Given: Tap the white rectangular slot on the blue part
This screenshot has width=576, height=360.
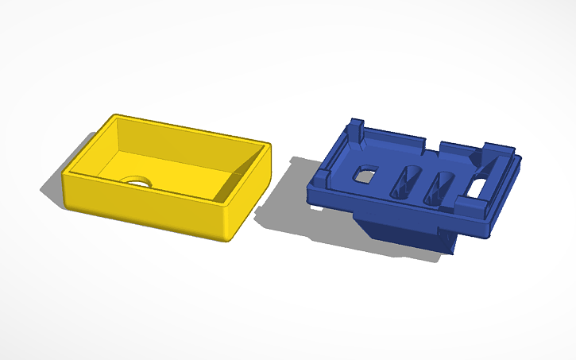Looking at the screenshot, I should tap(481, 187).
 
